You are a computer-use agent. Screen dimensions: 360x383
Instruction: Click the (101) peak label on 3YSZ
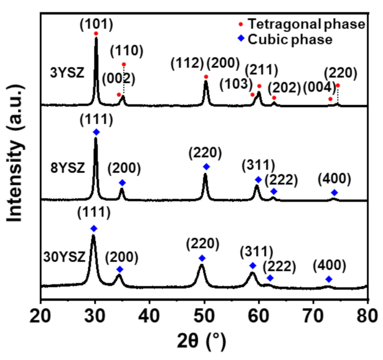point(96,25)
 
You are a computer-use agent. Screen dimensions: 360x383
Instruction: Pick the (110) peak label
point(124,51)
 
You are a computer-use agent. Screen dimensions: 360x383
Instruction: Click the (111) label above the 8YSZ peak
point(96,120)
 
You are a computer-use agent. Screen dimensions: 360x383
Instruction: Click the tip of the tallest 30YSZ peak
point(93,235)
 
